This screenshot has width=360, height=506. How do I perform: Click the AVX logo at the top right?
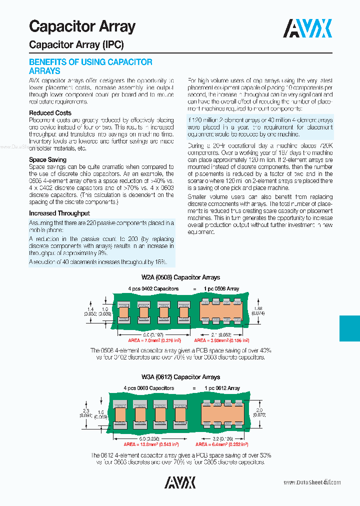tap(307, 29)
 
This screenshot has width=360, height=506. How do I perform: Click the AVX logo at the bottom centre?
tap(180, 482)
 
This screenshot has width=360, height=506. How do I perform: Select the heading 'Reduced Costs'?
tap(50, 113)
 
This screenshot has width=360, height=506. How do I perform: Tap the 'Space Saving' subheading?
tap(47, 160)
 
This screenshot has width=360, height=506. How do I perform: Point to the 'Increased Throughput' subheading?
tap(59, 213)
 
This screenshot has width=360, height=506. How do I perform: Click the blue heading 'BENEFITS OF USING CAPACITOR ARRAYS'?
tap(90, 66)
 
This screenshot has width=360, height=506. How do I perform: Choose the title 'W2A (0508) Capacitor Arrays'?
tap(180, 277)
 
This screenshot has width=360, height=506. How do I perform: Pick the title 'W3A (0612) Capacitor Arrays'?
tap(180, 377)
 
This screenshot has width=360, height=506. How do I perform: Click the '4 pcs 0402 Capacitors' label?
tap(153, 289)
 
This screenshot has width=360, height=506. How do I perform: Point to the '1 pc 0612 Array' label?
tap(222, 388)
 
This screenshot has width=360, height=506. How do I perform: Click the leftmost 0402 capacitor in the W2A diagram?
tap(123, 312)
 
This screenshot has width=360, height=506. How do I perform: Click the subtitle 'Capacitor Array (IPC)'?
tap(76, 45)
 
